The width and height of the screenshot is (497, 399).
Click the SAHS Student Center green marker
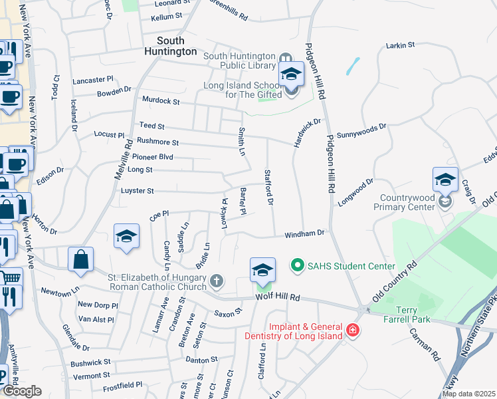tap(298, 266)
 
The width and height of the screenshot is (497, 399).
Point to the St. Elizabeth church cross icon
tap(216, 281)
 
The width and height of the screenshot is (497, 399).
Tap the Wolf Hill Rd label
tap(278, 297)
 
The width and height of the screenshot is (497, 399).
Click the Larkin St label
tap(400, 45)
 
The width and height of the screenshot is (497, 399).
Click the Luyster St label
tap(137, 191)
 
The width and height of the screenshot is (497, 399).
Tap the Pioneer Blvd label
tap(152, 157)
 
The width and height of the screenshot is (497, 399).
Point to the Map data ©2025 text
tap(468, 394)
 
